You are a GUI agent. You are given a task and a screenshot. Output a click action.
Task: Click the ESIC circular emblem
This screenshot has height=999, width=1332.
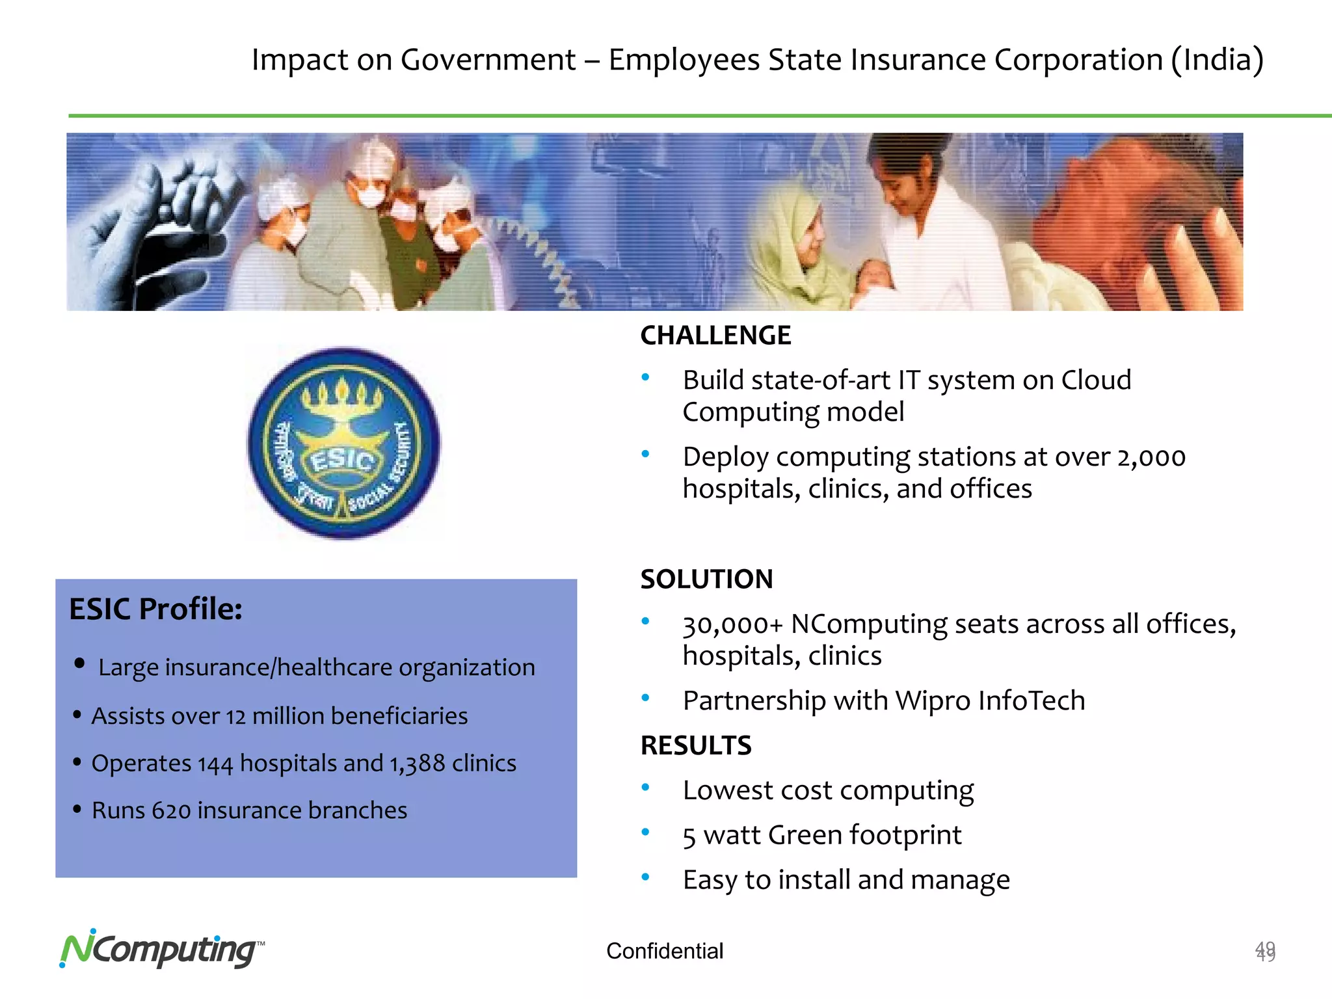344,444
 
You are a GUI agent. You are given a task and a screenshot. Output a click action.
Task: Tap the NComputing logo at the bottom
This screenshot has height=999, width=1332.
161,950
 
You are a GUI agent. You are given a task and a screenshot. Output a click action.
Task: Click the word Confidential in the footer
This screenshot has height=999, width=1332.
664,951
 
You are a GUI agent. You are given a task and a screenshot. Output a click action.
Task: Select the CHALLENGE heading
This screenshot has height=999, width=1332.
715,336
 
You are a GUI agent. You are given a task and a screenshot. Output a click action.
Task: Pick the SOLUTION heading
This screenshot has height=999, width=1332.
706,579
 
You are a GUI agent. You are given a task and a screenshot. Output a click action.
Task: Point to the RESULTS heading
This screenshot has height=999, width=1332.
696,745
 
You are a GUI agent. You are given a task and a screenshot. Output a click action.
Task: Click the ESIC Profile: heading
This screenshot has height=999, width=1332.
155,609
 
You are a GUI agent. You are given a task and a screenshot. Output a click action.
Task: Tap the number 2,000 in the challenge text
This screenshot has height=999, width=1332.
1151,457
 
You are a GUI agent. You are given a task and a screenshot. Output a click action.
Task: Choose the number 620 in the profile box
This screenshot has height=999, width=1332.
171,811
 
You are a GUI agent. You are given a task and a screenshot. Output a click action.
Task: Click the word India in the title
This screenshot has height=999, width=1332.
1218,60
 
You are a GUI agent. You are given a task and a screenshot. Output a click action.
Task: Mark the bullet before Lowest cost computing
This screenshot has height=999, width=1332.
645,788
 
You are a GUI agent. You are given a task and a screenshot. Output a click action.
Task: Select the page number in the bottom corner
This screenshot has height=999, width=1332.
1265,952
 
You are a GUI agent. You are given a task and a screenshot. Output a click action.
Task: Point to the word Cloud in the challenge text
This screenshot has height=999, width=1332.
1096,380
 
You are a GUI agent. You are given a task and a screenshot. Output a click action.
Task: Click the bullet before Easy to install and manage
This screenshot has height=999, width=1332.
645,877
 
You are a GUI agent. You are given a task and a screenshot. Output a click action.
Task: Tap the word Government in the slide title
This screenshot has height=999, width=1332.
488,60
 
